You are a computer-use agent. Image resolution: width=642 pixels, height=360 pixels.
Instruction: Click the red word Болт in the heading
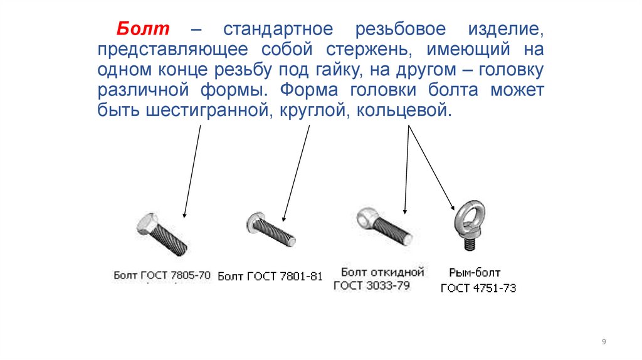click(143, 29)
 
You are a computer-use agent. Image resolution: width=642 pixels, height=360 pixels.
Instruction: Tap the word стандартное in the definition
click(278, 29)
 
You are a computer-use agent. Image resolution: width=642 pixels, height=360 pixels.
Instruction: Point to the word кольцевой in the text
click(404, 110)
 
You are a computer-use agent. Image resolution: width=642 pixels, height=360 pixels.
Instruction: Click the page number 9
click(604, 342)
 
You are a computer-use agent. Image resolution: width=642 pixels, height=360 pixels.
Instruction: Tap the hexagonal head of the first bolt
click(147, 225)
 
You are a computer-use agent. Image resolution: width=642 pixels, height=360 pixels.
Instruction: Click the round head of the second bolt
click(253, 223)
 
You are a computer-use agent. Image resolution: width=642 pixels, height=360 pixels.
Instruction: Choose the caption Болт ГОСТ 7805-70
click(162, 275)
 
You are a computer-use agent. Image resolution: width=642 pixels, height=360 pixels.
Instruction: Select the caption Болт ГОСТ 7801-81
click(270, 277)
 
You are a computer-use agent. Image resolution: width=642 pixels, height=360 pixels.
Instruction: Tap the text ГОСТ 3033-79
click(371, 285)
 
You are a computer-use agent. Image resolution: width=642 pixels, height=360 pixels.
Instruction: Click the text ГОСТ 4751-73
click(478, 289)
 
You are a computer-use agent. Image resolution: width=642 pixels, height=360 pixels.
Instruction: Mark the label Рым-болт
click(475, 273)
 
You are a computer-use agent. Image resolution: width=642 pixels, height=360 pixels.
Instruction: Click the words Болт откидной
click(382, 272)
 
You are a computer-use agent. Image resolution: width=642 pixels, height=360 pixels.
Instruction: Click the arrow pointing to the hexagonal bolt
click(192, 171)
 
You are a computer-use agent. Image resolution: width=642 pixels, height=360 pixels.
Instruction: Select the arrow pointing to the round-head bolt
click(296, 173)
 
